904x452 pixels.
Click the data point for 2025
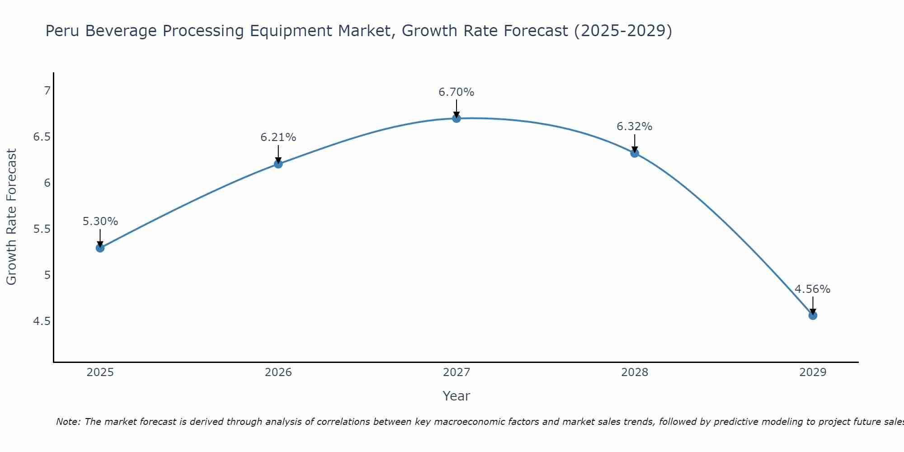(100, 248)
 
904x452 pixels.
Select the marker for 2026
(278, 164)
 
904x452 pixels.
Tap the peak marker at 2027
(457, 118)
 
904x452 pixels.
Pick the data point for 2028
(635, 153)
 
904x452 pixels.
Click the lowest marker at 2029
(813, 315)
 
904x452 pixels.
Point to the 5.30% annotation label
(100, 221)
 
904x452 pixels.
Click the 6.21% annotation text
(278, 137)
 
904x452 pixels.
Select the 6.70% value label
(457, 92)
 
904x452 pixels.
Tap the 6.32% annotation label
(635, 127)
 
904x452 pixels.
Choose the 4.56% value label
(813, 289)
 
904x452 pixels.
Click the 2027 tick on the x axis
(457, 372)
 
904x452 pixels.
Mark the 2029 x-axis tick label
(813, 372)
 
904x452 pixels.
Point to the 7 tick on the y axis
(47, 91)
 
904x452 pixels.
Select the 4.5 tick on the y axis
(42, 321)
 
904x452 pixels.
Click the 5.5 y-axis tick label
(42, 229)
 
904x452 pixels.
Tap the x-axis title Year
(457, 396)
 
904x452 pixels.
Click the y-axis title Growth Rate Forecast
(12, 217)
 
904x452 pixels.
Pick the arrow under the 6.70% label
(457, 108)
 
